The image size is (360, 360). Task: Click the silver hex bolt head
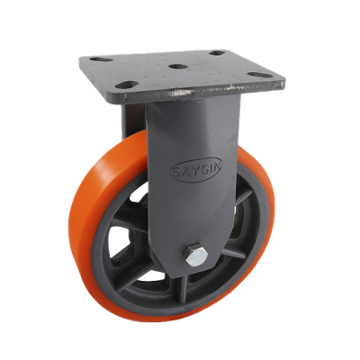tap(196, 255)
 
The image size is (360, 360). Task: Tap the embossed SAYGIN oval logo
tap(196, 170)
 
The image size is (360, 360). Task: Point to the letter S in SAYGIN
tap(175, 173)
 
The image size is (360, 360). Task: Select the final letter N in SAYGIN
tap(217, 168)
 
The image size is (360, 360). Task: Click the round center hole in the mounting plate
tap(176, 66)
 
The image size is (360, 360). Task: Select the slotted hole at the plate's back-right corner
tap(217, 53)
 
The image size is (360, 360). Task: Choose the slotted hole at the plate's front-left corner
tap(127, 85)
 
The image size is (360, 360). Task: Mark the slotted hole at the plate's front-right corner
tap(257, 75)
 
